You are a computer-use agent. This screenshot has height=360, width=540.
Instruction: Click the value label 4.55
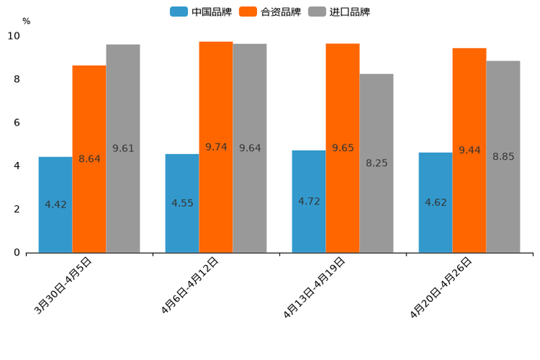(182, 203)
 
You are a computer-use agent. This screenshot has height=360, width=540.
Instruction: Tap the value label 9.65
(343, 148)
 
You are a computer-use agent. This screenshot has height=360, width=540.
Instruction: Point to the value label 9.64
(250, 148)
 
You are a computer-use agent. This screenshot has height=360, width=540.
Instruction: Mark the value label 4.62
(435, 202)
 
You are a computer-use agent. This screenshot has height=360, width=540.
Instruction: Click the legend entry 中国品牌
(201, 12)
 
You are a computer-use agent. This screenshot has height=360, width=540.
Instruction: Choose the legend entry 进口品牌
(339, 12)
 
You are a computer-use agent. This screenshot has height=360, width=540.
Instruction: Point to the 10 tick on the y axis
(15, 36)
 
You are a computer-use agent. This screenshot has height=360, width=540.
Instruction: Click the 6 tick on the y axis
(17, 123)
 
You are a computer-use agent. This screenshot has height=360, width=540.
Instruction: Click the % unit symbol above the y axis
(26, 21)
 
